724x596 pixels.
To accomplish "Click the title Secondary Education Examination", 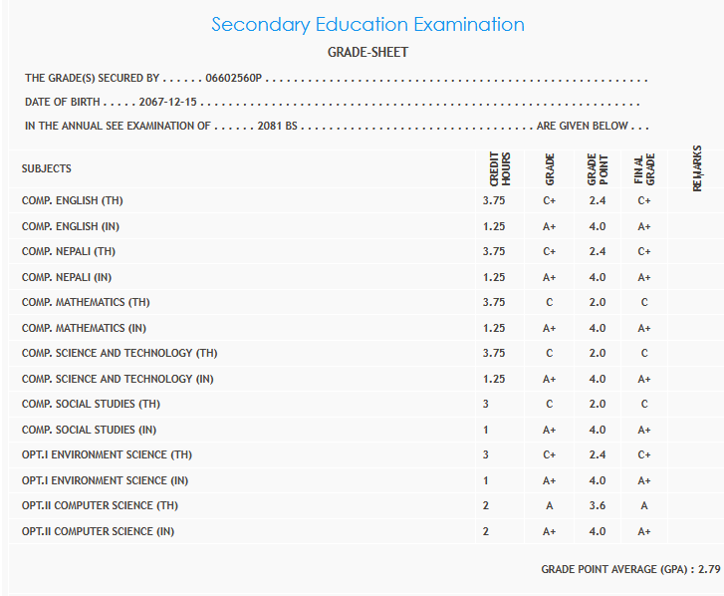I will pos(367,24).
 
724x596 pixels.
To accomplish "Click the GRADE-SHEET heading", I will pos(367,52).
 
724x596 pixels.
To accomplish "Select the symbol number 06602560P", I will pos(234,78).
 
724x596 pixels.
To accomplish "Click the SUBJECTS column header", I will pos(47,168).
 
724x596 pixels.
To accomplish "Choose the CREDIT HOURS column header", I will pos(499,168).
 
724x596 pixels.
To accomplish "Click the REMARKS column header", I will pos(696,167).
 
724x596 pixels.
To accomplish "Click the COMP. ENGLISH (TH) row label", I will pos(73,200).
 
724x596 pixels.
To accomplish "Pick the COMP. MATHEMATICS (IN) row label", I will pos(86,328).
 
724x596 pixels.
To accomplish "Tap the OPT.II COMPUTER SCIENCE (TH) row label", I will pos(99,505).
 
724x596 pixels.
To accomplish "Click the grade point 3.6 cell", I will pos(598,505).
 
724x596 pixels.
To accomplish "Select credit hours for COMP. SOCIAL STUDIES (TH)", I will pos(487,404).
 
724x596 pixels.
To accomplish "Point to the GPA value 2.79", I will pos(708,569).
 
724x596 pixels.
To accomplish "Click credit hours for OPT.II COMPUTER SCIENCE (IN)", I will pos(486,531).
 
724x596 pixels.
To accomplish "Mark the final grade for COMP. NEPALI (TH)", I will pos(644,251).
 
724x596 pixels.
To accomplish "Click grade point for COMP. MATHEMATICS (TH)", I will pos(598,302).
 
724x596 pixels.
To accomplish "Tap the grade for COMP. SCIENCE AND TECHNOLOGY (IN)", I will pos(549,379).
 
